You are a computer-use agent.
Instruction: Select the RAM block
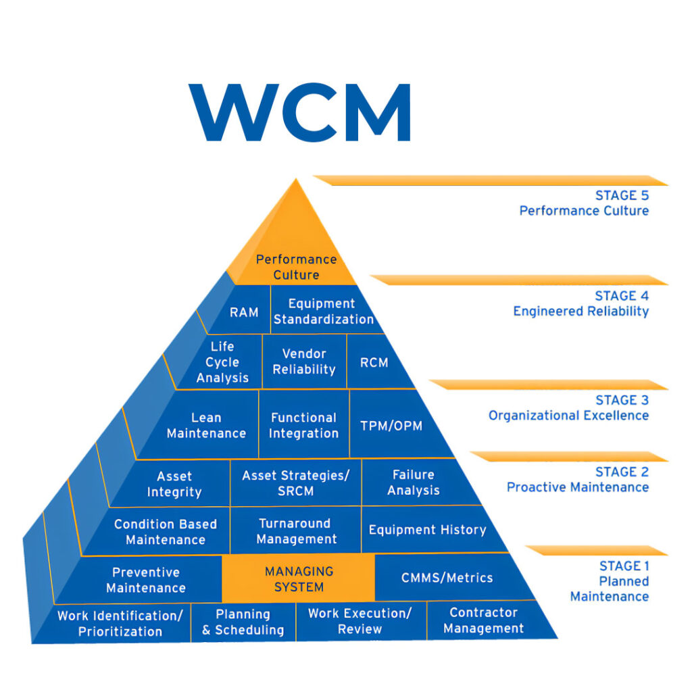pos(244,312)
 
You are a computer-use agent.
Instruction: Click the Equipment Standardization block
pos(323,311)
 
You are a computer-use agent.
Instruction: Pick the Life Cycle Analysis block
pos(222,362)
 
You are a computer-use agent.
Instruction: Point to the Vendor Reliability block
pos(304,362)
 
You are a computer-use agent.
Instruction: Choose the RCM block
pos(374,362)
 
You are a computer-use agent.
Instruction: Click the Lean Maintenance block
pos(206,425)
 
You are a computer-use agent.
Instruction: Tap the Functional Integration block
pos(303,425)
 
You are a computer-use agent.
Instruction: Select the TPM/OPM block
pos(392,426)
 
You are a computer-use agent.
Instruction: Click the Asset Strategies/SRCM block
pos(296,483)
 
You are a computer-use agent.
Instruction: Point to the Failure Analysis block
pos(414,483)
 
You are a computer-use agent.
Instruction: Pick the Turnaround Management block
pos(296,531)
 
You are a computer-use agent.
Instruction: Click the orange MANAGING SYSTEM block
pos(299,579)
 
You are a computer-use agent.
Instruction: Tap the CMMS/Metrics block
pos(447,578)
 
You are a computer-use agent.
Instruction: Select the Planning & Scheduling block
pos(243,622)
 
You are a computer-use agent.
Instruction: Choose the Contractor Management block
pos(484,620)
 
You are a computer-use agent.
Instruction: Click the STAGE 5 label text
pos(622,195)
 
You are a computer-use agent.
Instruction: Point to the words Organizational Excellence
pos(568,416)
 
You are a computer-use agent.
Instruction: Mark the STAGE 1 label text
pos(624,566)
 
